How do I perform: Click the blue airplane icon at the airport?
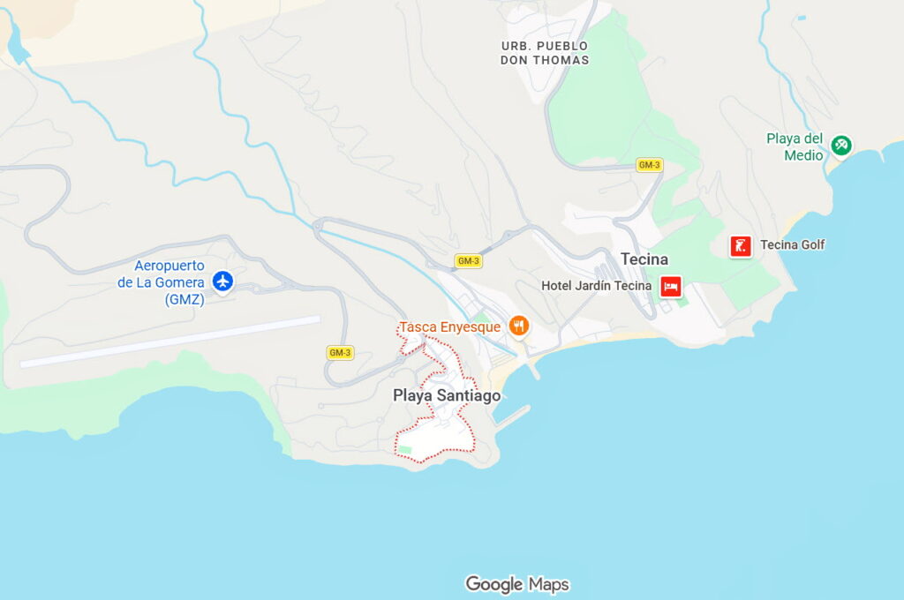pos(222,281)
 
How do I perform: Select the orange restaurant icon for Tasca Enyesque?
pos(519,326)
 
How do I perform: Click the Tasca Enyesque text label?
pos(449,327)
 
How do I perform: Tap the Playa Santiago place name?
pos(447,396)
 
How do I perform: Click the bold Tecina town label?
pos(644,259)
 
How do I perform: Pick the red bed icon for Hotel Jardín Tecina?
pos(671,286)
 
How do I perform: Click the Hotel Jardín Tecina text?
pos(596,286)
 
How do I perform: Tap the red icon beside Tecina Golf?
pos(741,246)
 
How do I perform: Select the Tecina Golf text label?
pos(792,245)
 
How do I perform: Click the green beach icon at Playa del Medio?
pos(840,145)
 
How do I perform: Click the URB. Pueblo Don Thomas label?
pos(544,53)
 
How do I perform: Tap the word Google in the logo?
pos(494,584)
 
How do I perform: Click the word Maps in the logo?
pos(549,584)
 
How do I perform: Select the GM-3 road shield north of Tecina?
pos(649,165)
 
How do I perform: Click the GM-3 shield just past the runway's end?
pos(340,353)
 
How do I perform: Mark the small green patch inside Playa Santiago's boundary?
pos(405,450)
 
